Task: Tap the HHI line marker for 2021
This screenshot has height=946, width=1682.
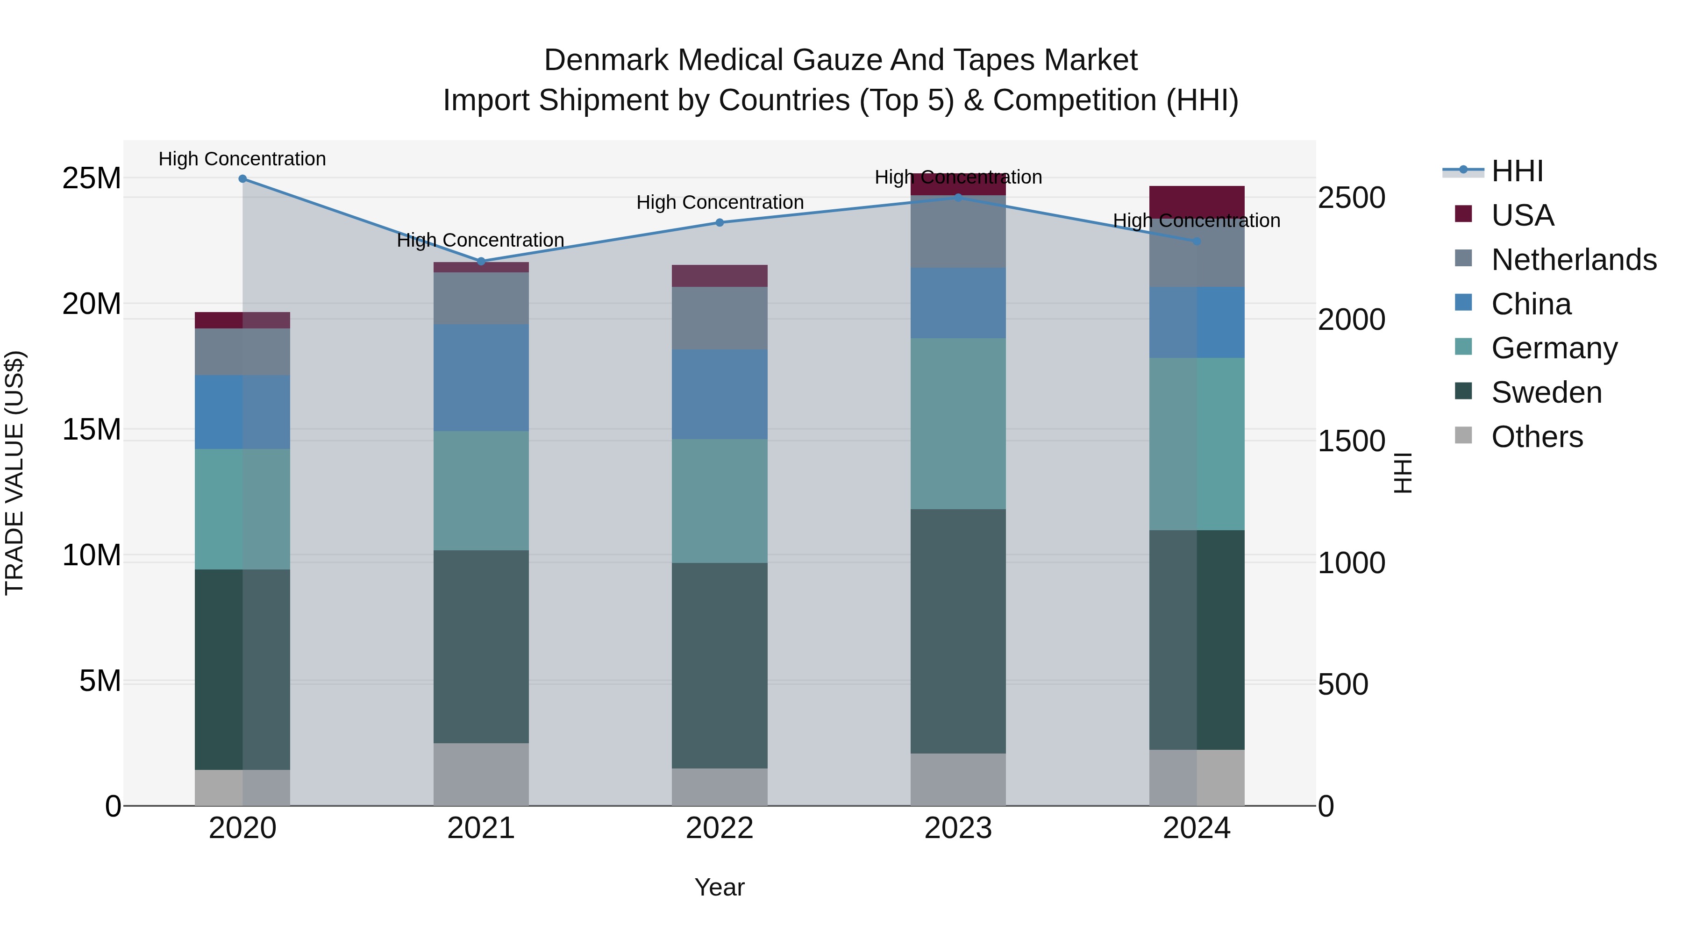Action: tap(481, 261)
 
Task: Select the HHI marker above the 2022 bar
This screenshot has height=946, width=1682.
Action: tap(720, 223)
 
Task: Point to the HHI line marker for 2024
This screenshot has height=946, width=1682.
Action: tap(1197, 241)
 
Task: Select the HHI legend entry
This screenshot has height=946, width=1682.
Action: tap(1517, 171)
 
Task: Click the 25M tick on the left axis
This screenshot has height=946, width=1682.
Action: tap(92, 178)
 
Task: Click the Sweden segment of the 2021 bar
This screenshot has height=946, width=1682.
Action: tap(481, 647)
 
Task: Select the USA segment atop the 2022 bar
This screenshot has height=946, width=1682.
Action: tap(720, 276)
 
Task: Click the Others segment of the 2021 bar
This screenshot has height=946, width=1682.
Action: tap(481, 774)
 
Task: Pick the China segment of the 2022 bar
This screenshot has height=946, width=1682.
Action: tap(720, 394)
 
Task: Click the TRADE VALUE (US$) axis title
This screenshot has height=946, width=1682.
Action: tap(14, 473)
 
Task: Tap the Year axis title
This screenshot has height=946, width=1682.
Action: tap(720, 887)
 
